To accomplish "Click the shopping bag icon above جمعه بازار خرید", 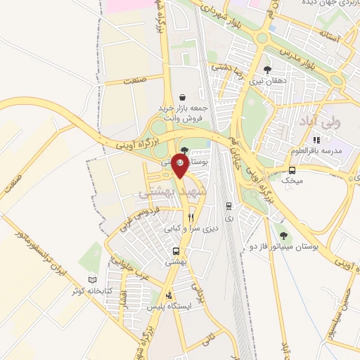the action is (x=183, y=98).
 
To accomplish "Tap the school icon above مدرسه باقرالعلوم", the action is (x=316, y=140).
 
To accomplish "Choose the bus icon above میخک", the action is (x=292, y=169).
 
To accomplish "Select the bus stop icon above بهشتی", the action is (x=176, y=251).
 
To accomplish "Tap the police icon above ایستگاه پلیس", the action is (x=168, y=295).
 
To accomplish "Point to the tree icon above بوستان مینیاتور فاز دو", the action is (x=283, y=236).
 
